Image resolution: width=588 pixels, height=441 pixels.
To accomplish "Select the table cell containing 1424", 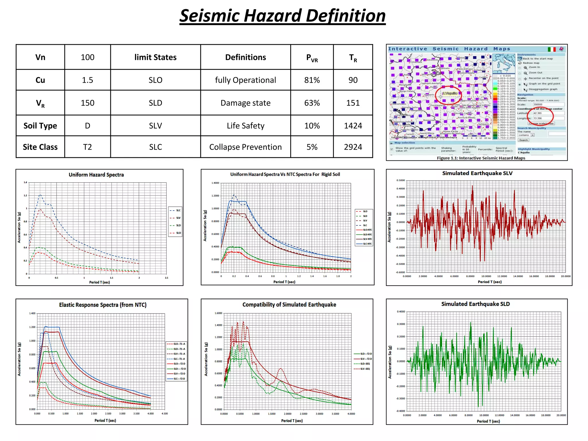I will [x=353, y=126].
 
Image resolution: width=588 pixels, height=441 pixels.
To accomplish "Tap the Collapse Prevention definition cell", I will [x=245, y=147].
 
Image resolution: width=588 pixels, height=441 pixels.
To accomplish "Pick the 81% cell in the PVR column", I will [x=312, y=80].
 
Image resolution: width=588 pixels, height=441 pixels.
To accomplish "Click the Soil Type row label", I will [x=40, y=126].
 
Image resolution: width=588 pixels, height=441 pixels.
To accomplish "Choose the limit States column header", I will [x=155, y=57].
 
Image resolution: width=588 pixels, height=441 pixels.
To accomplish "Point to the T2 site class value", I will [x=87, y=147].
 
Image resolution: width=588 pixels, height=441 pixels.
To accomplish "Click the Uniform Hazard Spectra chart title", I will [x=96, y=175].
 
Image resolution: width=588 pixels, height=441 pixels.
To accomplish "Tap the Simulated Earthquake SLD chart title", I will [x=475, y=304].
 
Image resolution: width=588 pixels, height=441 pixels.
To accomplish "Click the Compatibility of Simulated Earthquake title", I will [x=289, y=304].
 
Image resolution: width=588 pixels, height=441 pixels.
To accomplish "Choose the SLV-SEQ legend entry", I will [x=365, y=369].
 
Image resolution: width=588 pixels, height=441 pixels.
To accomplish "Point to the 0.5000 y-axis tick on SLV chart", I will [x=401, y=180].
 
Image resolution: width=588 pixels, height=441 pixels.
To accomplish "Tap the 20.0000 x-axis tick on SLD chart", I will [x=561, y=415].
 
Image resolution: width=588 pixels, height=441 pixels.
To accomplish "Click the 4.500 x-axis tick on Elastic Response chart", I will [x=165, y=414].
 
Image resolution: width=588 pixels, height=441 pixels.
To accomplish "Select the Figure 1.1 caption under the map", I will [x=481, y=158].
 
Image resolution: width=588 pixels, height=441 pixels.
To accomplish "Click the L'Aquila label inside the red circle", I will [x=450, y=93].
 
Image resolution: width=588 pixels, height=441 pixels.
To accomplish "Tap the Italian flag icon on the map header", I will [x=552, y=49].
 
